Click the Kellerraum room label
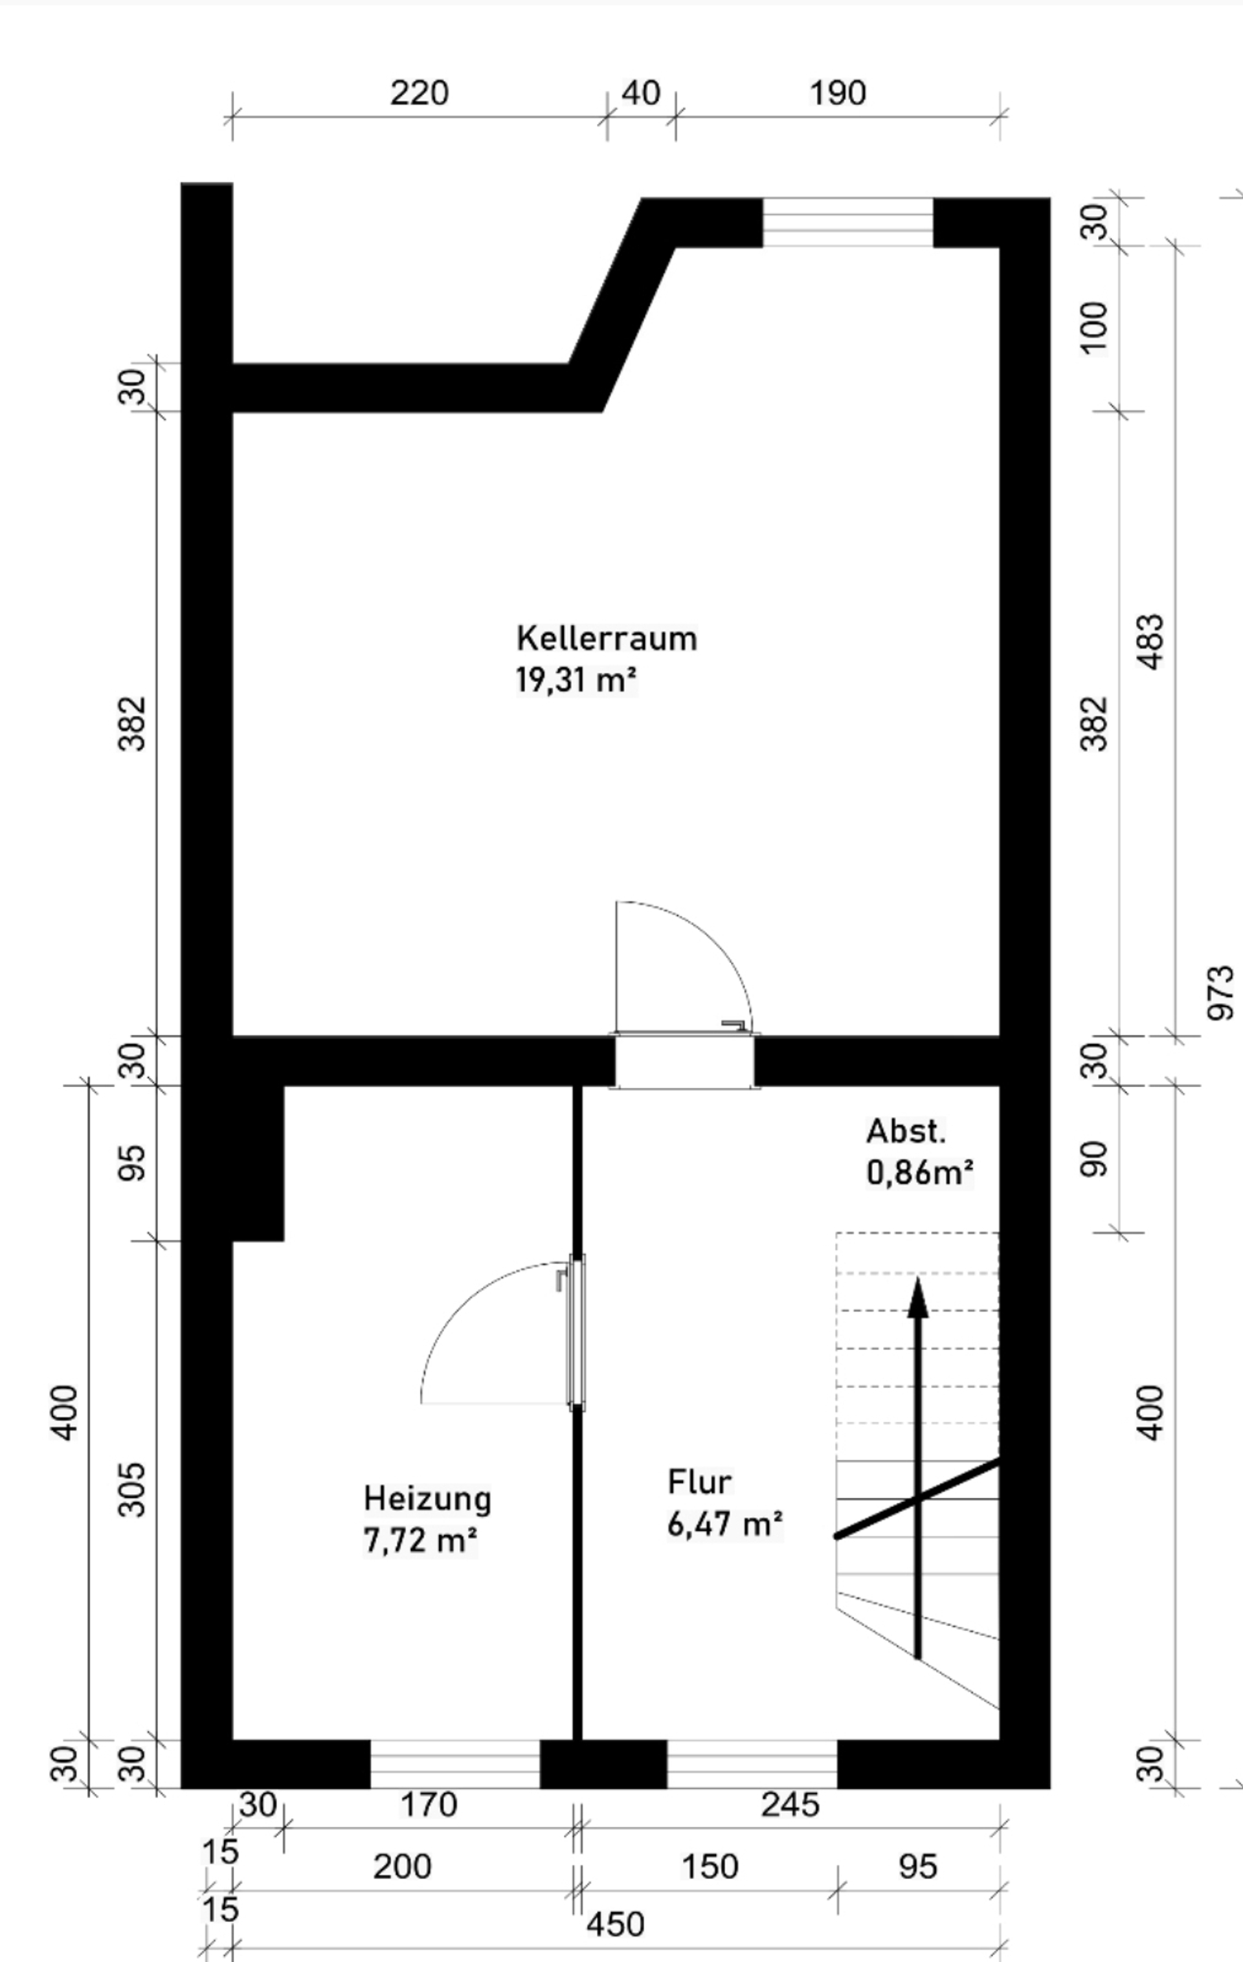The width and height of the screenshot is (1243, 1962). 607,638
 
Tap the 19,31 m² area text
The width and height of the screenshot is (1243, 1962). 576,679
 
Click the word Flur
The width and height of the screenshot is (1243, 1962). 699,1481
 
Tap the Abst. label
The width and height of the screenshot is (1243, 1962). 906,1131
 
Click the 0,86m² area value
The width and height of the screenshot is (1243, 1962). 919,1173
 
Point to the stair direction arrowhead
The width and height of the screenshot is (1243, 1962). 919,1296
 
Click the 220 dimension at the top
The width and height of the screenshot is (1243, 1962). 419,93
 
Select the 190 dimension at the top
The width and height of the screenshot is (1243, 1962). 837,93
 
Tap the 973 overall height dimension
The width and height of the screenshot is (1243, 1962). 1220,993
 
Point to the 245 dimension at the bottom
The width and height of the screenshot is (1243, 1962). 790,1805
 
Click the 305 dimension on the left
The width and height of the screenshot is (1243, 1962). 132,1490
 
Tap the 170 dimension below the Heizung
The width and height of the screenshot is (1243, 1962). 429,1805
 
